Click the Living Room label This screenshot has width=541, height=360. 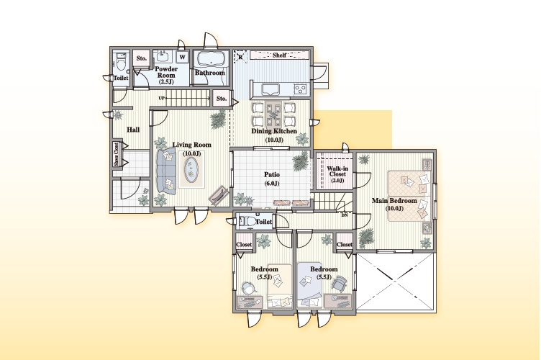pyautogui.click(x=192, y=145)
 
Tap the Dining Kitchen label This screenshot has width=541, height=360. pyautogui.click(x=274, y=131)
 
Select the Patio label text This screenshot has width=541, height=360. pyautogui.click(x=272, y=175)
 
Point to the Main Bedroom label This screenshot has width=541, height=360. pyautogui.click(x=394, y=201)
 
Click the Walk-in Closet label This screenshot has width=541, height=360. pyautogui.click(x=337, y=171)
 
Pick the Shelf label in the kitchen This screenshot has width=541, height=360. pyautogui.click(x=279, y=55)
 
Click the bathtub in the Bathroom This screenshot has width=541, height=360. pyautogui.click(x=211, y=59)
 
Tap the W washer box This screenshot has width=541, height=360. pyautogui.click(x=183, y=58)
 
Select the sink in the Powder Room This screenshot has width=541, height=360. pyautogui.click(x=162, y=56)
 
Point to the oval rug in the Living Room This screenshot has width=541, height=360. pyautogui.click(x=191, y=169)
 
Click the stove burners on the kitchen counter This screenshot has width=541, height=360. pyautogui.click(x=301, y=89)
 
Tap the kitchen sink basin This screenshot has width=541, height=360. pyautogui.click(x=272, y=89)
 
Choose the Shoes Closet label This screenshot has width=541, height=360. pyautogui.click(x=117, y=154)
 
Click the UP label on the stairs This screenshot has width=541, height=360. pyautogui.click(x=161, y=99)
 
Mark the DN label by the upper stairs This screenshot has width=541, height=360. pyautogui.click(x=345, y=215)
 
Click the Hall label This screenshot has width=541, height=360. pyautogui.click(x=133, y=130)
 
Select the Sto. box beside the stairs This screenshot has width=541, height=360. pyautogui.click(x=222, y=99)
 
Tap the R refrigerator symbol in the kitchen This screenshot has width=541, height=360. pyautogui.click(x=240, y=57)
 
